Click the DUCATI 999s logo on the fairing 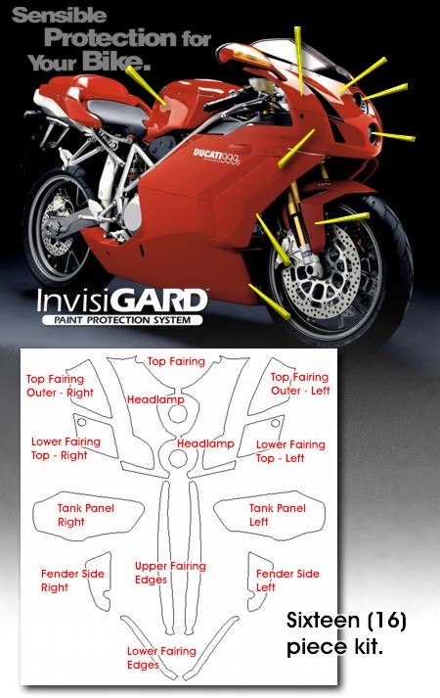point(216,157)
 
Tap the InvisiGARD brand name point(122,302)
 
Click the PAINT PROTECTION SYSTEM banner point(122,319)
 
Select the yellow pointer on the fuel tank point(146,85)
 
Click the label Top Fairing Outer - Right point(60,386)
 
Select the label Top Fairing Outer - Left point(300,384)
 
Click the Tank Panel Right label point(86,515)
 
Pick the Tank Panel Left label point(278,515)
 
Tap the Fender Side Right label point(72,581)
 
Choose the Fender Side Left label point(287,581)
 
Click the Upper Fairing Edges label point(170,573)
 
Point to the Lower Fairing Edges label point(161,658)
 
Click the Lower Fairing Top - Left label point(290,451)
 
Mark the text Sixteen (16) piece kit point(346,633)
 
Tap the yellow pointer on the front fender point(342,218)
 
